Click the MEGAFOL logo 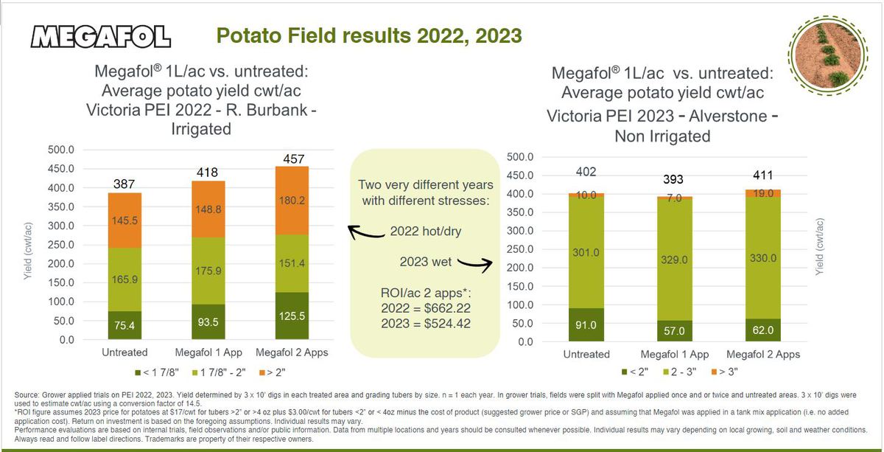click(102, 37)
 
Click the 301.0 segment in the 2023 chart click(586, 252)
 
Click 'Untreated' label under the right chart click(586, 355)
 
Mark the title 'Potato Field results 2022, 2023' click(368, 35)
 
